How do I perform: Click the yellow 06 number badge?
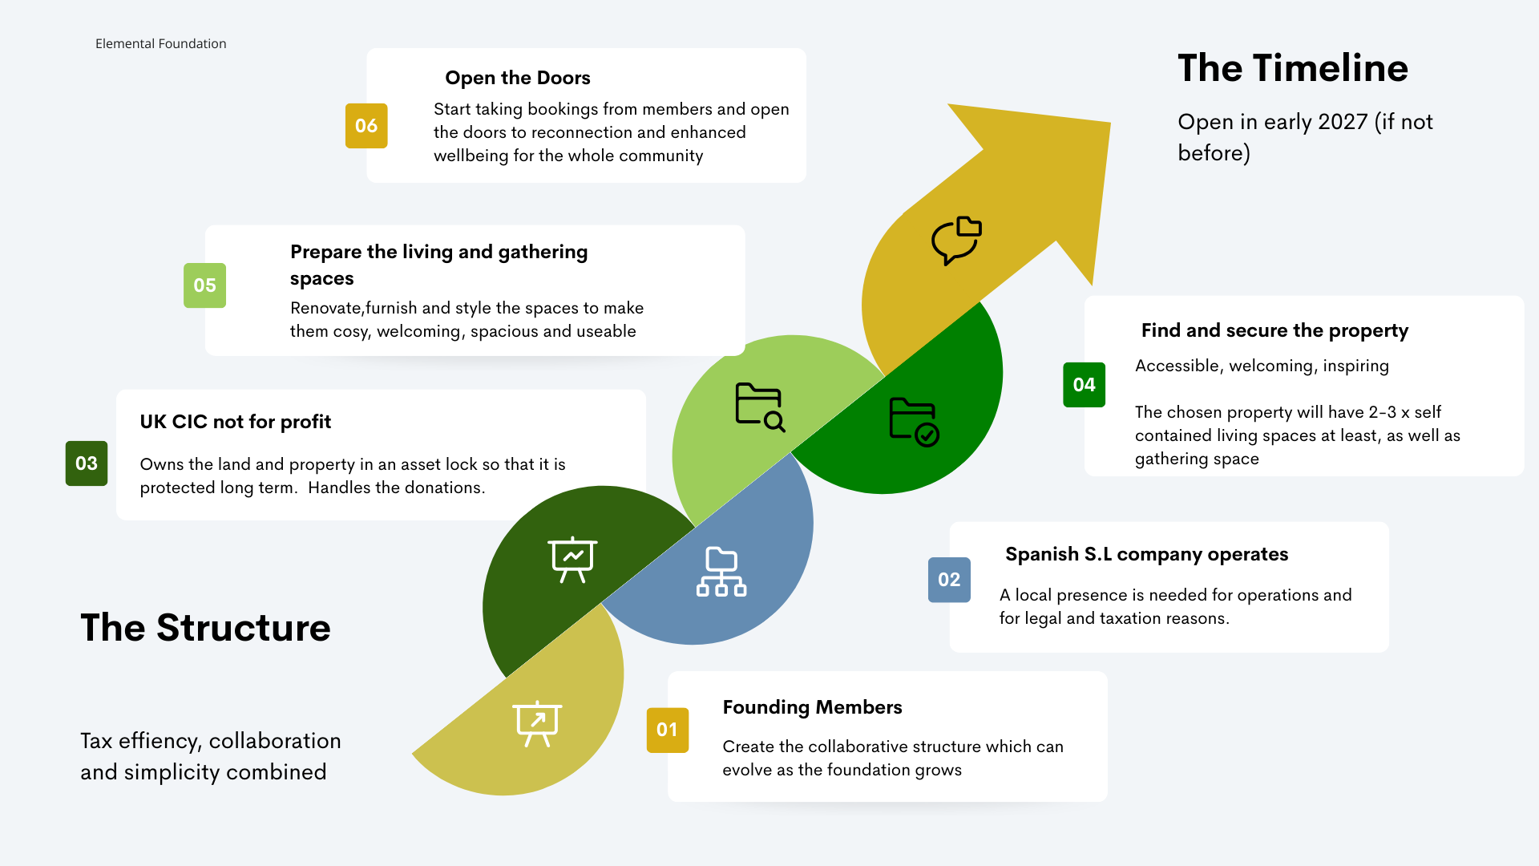[366, 126]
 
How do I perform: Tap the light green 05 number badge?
[204, 285]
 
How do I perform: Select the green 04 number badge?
[1084, 385]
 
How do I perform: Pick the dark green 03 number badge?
[87, 463]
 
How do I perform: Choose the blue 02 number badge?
[949, 580]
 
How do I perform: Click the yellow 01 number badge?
[667, 730]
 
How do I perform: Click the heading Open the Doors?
[518, 78]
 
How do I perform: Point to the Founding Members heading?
[812, 707]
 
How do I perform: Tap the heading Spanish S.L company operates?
[1146, 554]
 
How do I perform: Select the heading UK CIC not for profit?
[235, 422]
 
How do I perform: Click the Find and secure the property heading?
[1274, 330]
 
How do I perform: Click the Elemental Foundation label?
[160, 43]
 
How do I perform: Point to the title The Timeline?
[1292, 68]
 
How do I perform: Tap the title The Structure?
[205, 628]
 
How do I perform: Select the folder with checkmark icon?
[914, 422]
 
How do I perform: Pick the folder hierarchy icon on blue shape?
[721, 572]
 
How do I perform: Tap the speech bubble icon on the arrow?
[956, 240]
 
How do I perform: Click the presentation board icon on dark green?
[572, 559]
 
